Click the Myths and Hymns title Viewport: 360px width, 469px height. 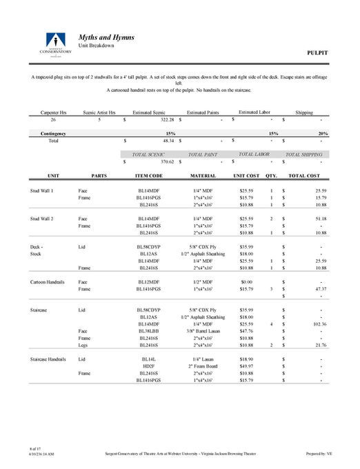pyautogui.click(x=106, y=37)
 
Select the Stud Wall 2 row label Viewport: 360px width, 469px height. pyautogui.click(x=43, y=218)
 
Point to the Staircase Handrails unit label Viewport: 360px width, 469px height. pyautogui.click(x=48, y=360)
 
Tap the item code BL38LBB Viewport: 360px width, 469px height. pyautogui.click(x=149, y=331)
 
